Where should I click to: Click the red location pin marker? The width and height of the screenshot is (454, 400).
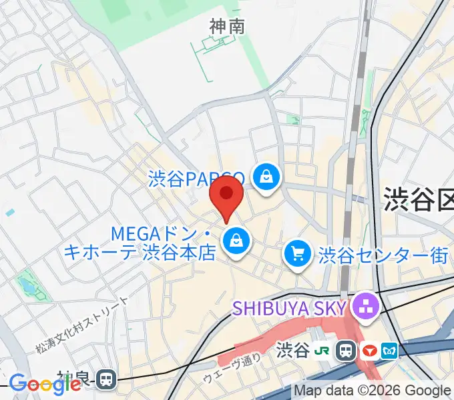click(226, 195)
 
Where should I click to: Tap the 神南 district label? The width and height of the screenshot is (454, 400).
click(227, 27)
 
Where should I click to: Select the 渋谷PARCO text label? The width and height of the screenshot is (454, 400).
click(198, 179)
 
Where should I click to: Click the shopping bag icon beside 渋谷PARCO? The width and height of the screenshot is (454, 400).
click(266, 177)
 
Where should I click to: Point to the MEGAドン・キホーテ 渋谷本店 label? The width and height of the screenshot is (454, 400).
click(140, 243)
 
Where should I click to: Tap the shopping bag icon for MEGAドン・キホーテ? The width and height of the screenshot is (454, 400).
click(236, 241)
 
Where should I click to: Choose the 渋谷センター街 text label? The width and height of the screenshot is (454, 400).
click(383, 255)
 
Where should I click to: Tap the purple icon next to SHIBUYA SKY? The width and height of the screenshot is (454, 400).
click(365, 307)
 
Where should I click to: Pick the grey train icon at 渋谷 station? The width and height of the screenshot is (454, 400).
click(346, 350)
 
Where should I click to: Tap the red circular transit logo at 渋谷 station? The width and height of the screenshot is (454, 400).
click(369, 350)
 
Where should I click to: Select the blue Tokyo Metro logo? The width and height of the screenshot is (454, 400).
click(389, 350)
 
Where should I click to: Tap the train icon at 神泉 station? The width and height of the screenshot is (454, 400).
click(106, 379)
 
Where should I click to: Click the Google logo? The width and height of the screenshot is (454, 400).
click(45, 384)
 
